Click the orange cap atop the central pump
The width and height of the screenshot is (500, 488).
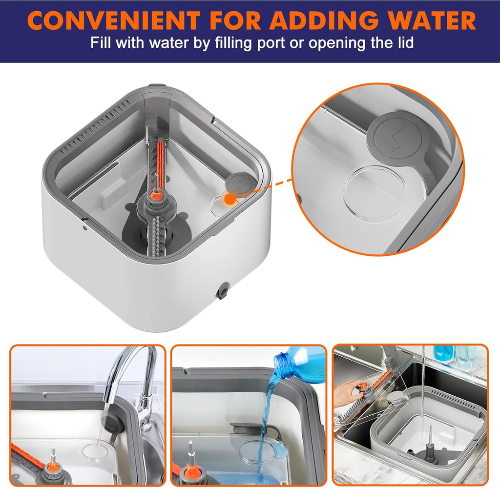[156, 194]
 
